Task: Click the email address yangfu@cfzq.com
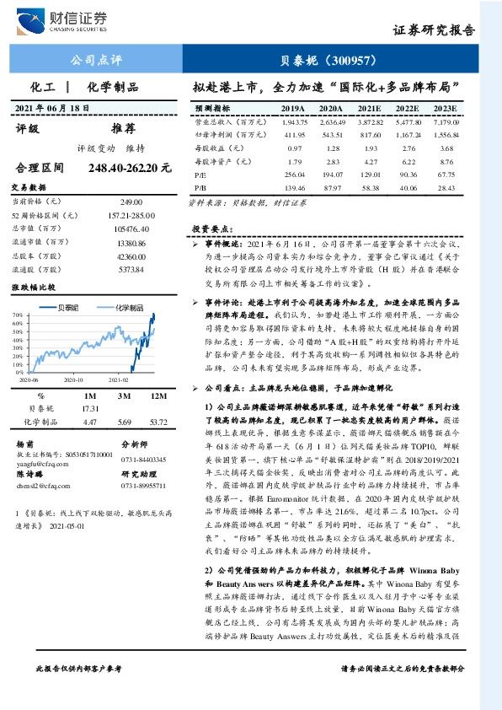click(x=36, y=461)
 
